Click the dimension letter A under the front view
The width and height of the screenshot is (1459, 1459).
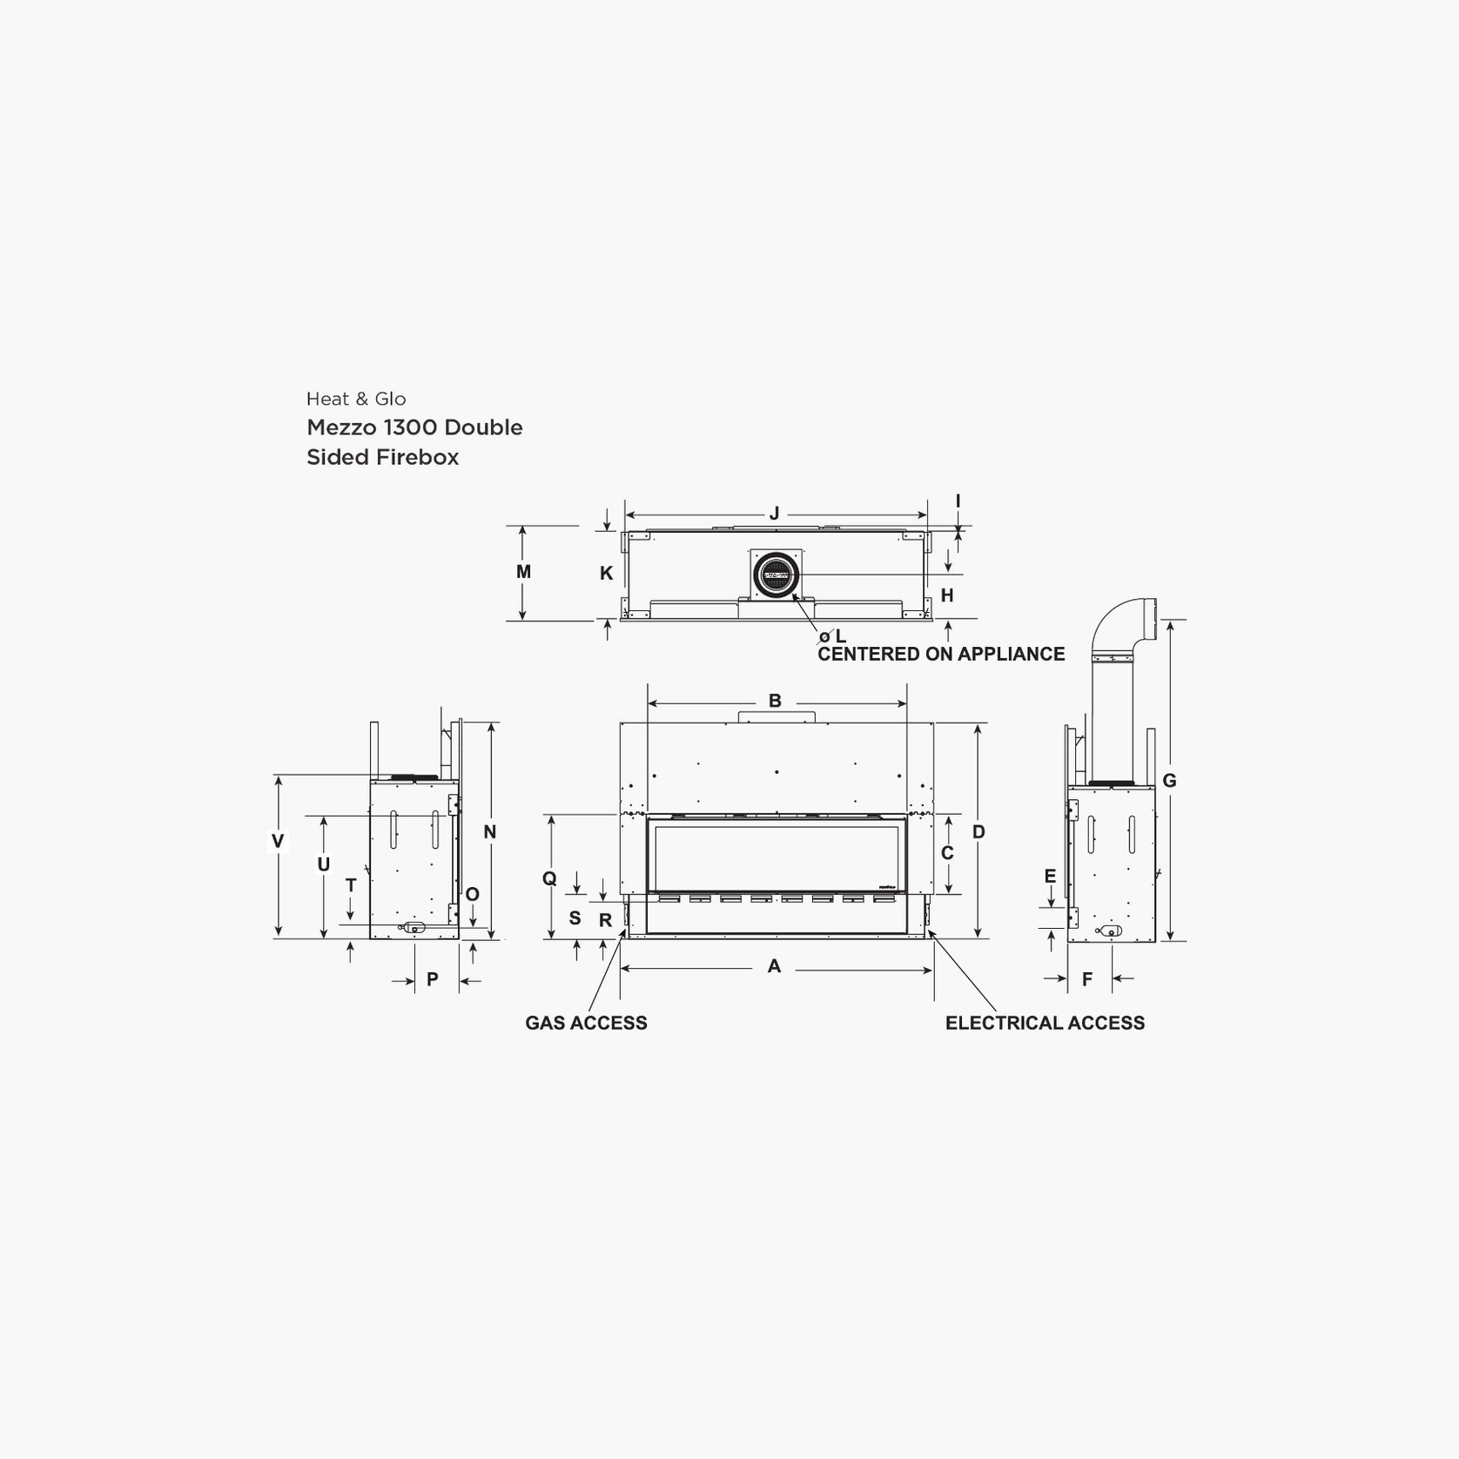coord(774,966)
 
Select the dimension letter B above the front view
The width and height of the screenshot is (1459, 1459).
coord(775,701)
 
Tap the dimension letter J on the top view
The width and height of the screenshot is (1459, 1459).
coord(774,514)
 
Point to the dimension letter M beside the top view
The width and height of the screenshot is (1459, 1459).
coord(523,572)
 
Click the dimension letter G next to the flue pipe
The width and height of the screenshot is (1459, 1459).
coord(1169,781)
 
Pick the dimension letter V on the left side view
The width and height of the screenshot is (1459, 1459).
coord(278,841)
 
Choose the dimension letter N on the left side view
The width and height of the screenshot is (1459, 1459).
coord(490,832)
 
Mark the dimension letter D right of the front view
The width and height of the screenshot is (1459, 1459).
coord(978,832)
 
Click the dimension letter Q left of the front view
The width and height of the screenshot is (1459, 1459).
coord(549,878)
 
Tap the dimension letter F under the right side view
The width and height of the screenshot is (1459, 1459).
coord(1087,980)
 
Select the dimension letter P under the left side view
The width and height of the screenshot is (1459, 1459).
coord(433,980)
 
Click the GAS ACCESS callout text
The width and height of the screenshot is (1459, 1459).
coord(586,1024)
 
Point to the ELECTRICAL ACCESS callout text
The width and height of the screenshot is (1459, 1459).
coord(1045,1024)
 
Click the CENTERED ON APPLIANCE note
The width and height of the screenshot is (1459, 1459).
coord(941,655)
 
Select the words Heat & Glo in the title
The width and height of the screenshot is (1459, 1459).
coord(356,400)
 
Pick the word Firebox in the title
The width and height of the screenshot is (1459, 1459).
coord(417,457)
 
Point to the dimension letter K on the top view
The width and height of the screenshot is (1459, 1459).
coord(607,574)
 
